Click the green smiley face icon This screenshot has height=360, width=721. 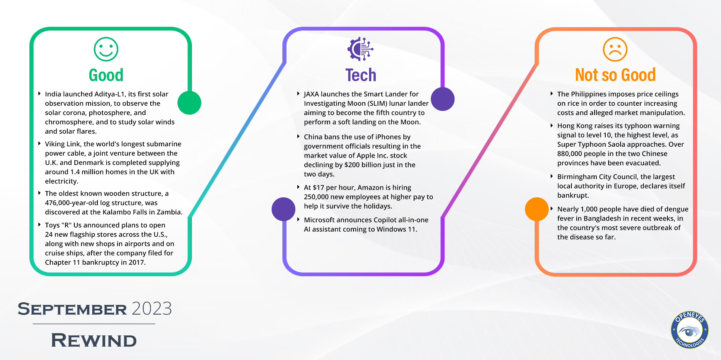pyautogui.click(x=106, y=49)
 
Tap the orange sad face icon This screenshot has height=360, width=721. pyautogui.click(x=615, y=49)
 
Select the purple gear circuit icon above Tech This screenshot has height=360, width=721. pyautogui.click(x=360, y=49)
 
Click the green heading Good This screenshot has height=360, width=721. pyautogui.click(x=106, y=75)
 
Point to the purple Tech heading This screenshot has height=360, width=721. pyautogui.click(x=360, y=75)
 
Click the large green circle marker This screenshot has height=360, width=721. pyautogui.click(x=189, y=103)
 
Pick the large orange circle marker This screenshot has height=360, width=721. pyautogui.click(x=537, y=209)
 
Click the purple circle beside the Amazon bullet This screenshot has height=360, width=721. pyautogui.click(x=283, y=209)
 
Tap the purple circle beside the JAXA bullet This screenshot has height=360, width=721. pyautogui.click(x=443, y=99)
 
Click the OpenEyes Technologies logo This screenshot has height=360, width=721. pyautogui.click(x=689, y=330)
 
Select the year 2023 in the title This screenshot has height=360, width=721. pyautogui.click(x=152, y=309)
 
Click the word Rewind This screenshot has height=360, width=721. pyautogui.click(x=94, y=340)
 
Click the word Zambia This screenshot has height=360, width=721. pyautogui.click(x=170, y=212)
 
